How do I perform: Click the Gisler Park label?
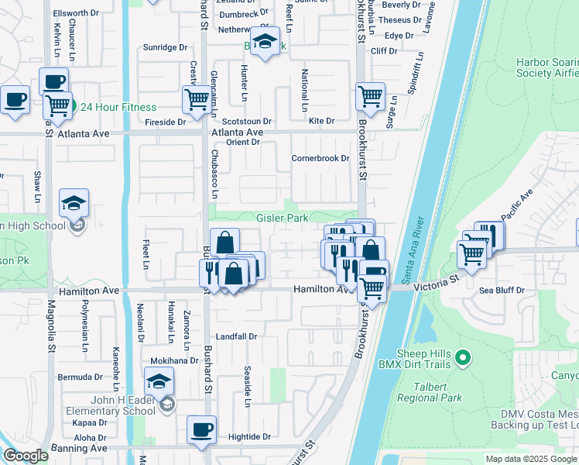click(283, 219)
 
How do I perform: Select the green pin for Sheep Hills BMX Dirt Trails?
click(463, 357)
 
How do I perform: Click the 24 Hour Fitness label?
click(118, 108)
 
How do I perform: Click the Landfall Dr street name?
click(235, 337)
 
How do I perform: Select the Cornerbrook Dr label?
click(320, 158)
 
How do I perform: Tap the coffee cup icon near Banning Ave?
click(201, 429)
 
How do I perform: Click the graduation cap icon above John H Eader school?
click(159, 381)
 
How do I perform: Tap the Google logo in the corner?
click(26, 456)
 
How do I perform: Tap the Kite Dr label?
click(321, 121)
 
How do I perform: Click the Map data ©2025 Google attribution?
click(530, 459)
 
